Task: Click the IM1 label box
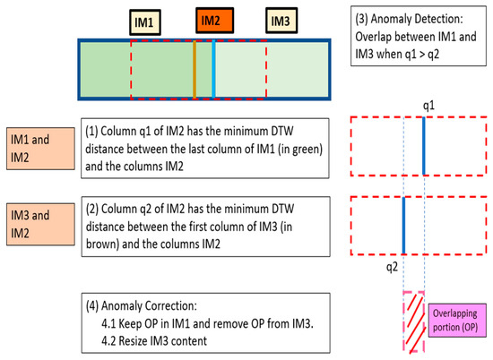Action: pyautogui.click(x=144, y=20)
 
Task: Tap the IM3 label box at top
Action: pyautogui.click(x=281, y=20)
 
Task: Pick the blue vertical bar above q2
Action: pyautogui.click(x=404, y=225)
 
